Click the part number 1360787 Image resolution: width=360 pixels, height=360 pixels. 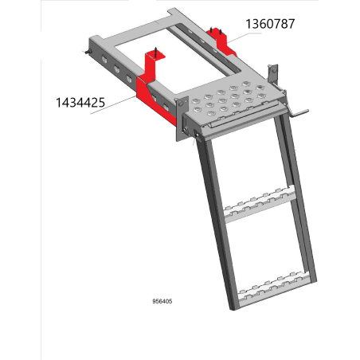pyautogui.click(x=270, y=24)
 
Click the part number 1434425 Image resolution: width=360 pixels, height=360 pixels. pyautogui.click(x=80, y=103)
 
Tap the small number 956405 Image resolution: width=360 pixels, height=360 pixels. pyautogui.click(x=162, y=301)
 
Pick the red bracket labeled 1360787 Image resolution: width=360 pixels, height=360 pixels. pyautogui.click(x=221, y=42)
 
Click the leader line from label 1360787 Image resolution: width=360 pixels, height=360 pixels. pyautogui.click(x=245, y=37)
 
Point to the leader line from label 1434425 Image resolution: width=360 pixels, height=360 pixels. pyautogui.click(x=113, y=105)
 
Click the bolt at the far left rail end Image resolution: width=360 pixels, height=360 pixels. pyautogui.click(x=88, y=52)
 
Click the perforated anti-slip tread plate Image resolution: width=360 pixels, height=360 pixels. pyautogui.click(x=229, y=100)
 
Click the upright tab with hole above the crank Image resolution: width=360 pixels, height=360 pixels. pyautogui.click(x=273, y=73)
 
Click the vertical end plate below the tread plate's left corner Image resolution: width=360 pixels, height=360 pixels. pyautogui.click(x=182, y=119)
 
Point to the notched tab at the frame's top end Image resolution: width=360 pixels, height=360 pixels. pyautogui.click(x=174, y=13)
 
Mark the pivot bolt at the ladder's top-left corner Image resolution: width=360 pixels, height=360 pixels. pyautogui.click(x=197, y=134)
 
